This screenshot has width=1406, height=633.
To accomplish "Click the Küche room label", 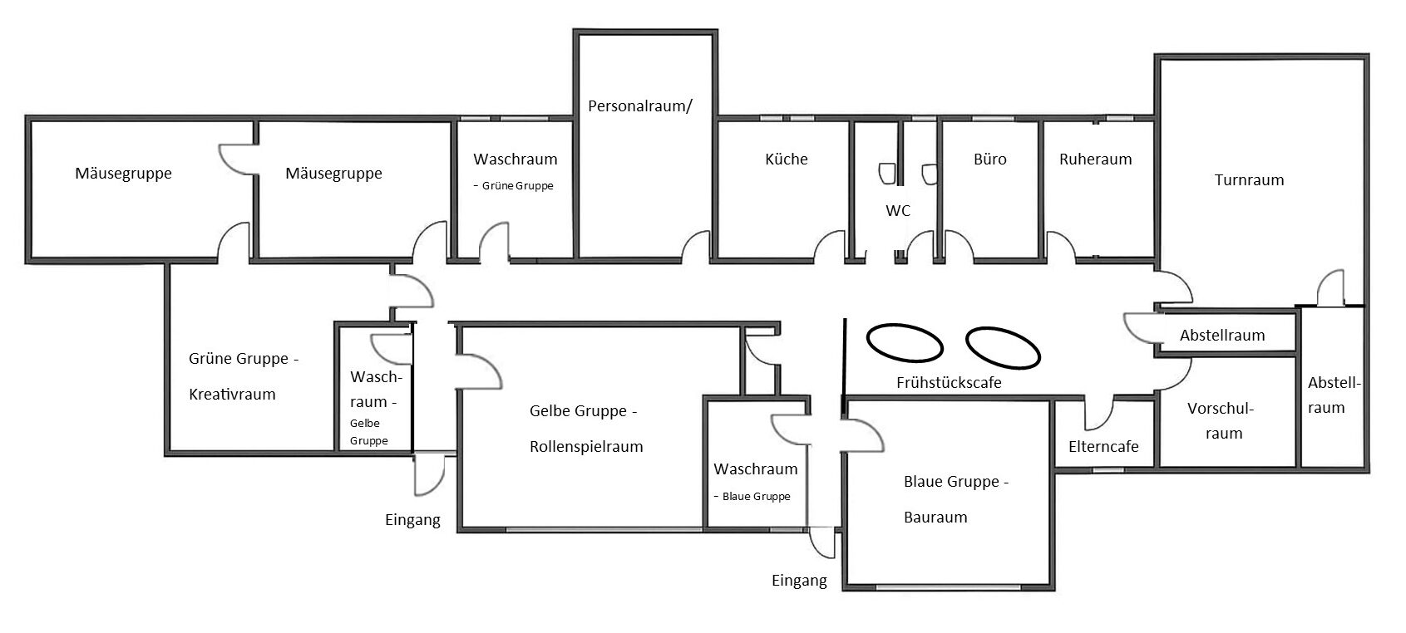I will (786, 159).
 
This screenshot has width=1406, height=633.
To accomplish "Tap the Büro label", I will (989, 159).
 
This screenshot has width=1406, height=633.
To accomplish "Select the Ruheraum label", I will (1095, 159).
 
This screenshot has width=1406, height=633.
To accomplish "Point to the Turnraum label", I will (1249, 179).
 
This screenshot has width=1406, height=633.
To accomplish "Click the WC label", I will (898, 211).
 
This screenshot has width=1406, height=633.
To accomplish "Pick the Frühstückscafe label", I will (948, 382).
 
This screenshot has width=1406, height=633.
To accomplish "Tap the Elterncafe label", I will (1103, 446).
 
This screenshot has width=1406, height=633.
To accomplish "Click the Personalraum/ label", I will (639, 106).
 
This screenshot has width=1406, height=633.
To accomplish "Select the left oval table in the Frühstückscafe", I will (905, 341).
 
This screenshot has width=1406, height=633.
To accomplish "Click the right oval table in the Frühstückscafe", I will (1003, 346).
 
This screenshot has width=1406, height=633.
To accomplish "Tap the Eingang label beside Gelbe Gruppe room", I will (412, 520).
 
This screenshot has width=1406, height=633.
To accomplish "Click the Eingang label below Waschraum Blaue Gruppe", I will (799, 581).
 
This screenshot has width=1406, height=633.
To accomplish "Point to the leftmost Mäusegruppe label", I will (123, 174).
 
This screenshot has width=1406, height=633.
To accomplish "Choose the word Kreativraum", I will (232, 395).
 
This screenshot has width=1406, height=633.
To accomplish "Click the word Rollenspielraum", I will (586, 447).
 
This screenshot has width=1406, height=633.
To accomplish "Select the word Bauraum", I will (935, 518).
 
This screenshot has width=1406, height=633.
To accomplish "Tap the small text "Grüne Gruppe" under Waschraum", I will (517, 186).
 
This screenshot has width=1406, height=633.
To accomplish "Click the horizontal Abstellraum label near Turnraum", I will (1222, 336).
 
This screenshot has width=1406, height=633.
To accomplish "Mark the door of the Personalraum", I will (697, 246).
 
